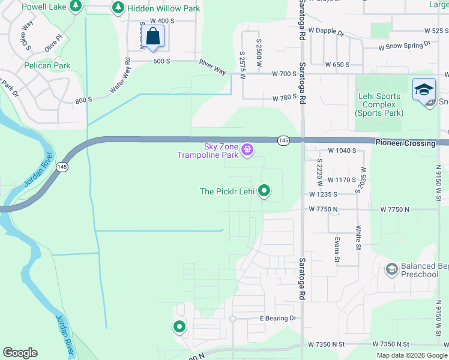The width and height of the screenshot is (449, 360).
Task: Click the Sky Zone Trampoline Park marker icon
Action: tap(247, 149)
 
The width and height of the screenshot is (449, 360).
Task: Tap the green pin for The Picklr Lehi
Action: tap(264, 191)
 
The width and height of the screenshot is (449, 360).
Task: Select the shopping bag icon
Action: tap(154, 37)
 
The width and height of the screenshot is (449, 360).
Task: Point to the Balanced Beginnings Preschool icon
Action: tap(392, 269)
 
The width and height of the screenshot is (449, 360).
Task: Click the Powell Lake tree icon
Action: tap(75, 7)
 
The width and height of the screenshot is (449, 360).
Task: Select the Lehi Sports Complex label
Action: tap(379, 104)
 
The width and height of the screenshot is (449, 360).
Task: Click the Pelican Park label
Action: tap(47, 65)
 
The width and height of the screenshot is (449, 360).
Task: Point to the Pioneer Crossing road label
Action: tap(406, 143)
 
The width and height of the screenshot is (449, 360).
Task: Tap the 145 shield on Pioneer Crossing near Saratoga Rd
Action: tap(284, 140)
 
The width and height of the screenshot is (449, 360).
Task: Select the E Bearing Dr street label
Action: tap(278, 318)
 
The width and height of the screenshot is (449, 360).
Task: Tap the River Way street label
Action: tap(212, 66)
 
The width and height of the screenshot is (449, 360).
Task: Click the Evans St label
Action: tap(337, 248)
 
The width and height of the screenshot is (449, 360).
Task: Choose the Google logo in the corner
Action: tap(20, 353)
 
